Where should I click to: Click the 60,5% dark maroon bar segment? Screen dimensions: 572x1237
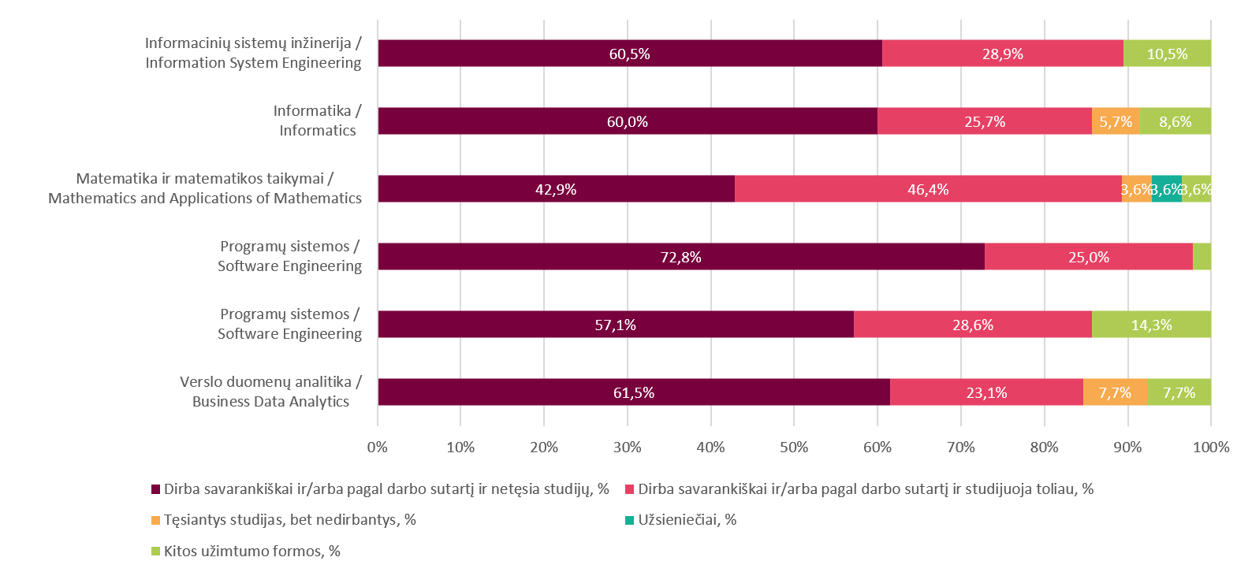629,54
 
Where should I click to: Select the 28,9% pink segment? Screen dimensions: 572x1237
1002,54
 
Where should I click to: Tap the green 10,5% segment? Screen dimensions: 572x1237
1167,54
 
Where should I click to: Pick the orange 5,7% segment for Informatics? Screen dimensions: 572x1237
1116,121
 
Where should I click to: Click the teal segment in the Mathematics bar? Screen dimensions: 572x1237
1166,189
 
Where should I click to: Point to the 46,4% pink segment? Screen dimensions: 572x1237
928,189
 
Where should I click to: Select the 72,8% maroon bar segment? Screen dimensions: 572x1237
680,257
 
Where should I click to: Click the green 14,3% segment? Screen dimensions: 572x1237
1151,325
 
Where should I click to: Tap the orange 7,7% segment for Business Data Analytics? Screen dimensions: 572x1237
1115,392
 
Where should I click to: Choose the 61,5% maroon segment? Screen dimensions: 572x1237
633,392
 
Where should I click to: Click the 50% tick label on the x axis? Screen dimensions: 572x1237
794,448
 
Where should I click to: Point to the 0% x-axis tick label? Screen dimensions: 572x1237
378,448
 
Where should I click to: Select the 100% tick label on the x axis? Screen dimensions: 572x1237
1210,448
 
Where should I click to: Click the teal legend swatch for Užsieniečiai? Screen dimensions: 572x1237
629,520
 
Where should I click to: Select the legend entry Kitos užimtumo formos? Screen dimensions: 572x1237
251,552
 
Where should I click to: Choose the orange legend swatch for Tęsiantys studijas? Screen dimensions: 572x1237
155,520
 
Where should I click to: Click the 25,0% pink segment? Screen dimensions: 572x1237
1088,257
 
